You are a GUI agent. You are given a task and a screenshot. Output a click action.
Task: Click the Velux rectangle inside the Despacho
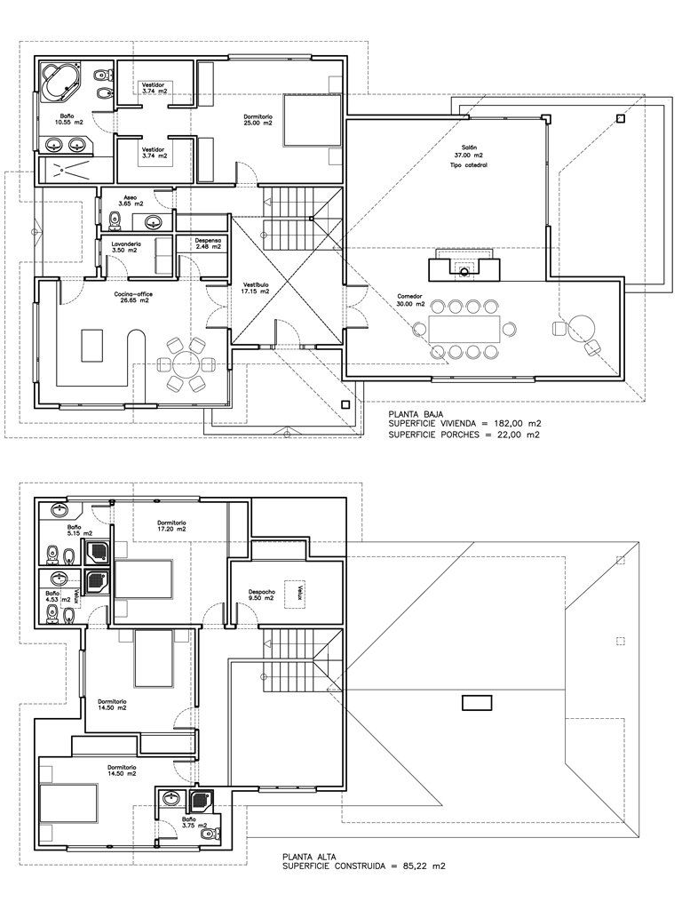tap(300, 591)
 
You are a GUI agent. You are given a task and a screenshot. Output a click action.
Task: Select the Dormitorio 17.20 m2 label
tap(172, 525)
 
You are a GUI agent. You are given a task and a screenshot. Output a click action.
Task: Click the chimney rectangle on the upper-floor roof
tap(477, 702)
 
